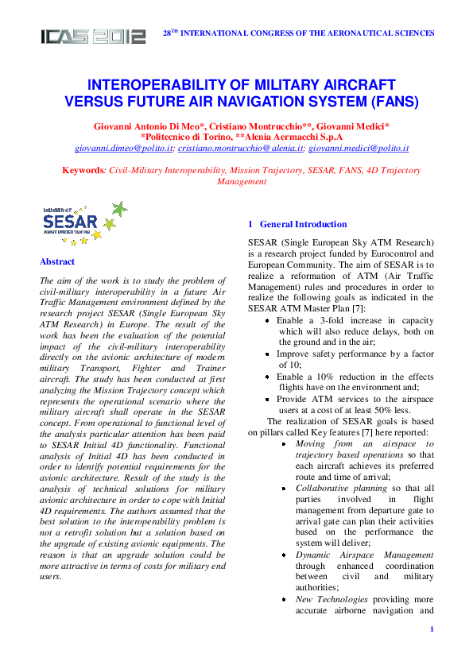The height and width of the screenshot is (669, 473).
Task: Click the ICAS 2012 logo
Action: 94,36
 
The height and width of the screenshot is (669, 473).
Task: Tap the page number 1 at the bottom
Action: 430,630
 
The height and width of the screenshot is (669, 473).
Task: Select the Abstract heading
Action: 57,262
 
